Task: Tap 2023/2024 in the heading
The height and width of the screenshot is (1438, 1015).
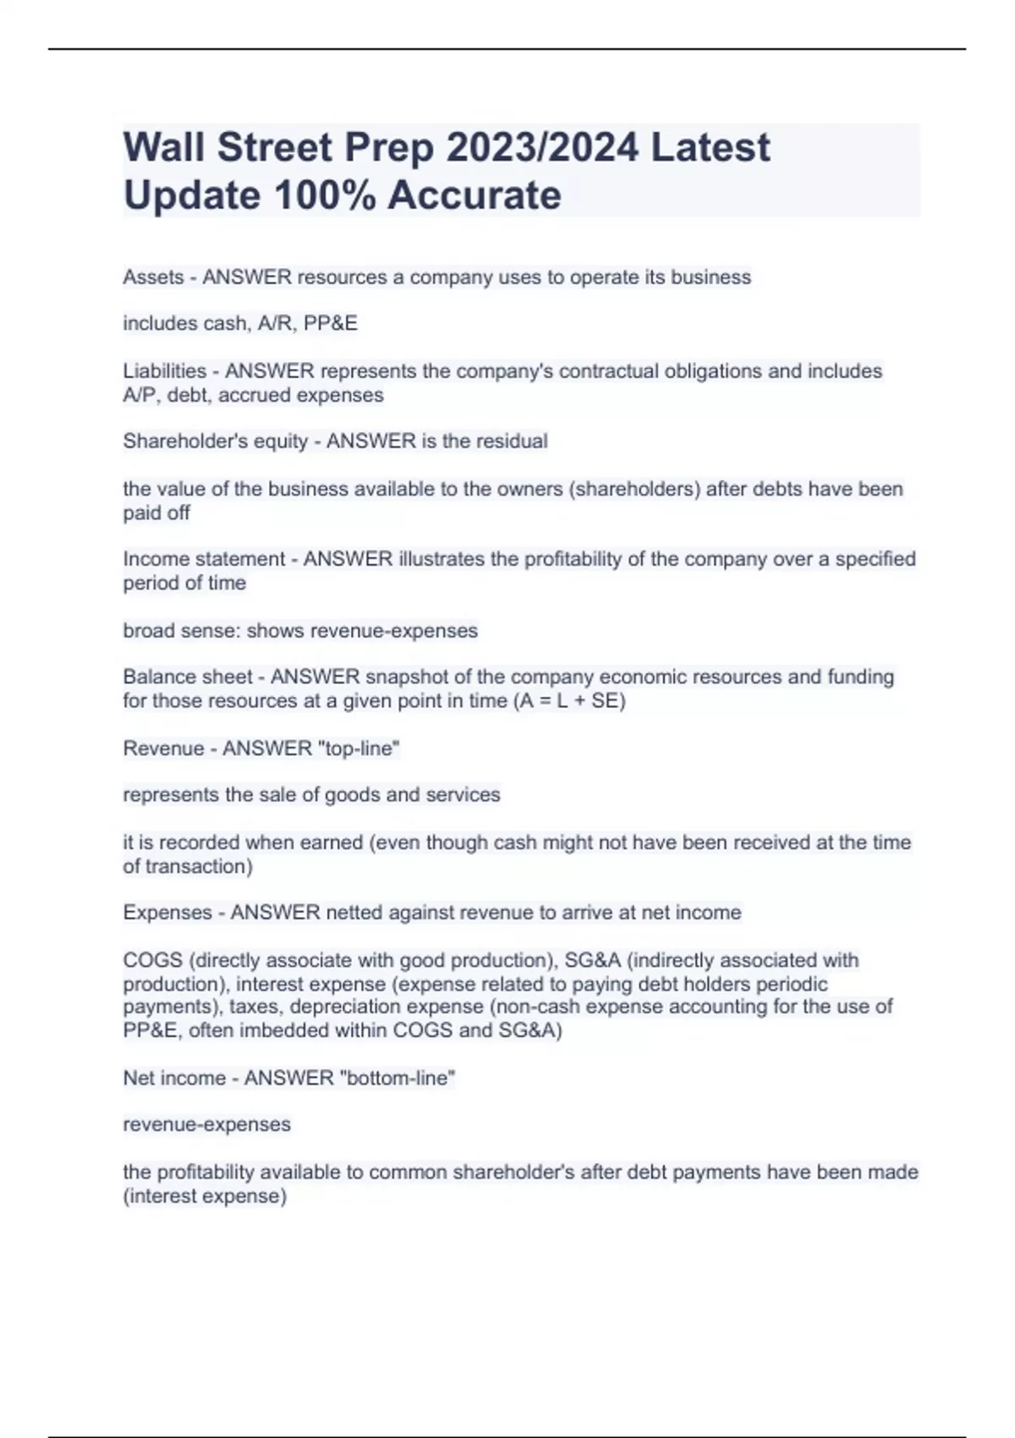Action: (x=542, y=147)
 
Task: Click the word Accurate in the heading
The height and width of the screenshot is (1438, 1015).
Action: (x=475, y=195)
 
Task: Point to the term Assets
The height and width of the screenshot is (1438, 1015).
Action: (x=153, y=277)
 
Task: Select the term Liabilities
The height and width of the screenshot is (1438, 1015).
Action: (x=164, y=371)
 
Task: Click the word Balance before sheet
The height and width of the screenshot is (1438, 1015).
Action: (x=159, y=677)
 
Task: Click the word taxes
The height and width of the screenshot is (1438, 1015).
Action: (x=254, y=1007)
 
